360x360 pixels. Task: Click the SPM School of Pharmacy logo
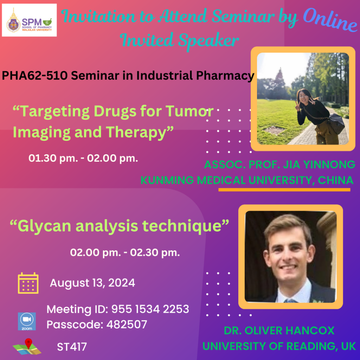(x=29, y=20)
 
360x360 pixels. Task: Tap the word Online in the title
(x=330, y=20)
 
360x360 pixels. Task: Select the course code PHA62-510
(x=35, y=75)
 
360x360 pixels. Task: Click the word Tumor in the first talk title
(x=189, y=111)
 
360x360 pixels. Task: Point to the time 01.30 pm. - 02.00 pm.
(x=83, y=158)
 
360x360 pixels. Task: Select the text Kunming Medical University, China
(x=247, y=180)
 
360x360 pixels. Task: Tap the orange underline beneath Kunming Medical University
(x=284, y=189)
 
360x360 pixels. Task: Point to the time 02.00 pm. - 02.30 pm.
(x=125, y=252)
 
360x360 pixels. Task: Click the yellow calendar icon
(x=28, y=283)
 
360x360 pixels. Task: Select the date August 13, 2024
(x=92, y=283)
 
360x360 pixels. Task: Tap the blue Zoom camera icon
(x=27, y=321)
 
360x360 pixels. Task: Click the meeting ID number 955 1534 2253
(x=150, y=309)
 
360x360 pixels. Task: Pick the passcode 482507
(x=127, y=324)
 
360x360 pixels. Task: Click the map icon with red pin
(x=27, y=346)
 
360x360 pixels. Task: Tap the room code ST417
(x=72, y=347)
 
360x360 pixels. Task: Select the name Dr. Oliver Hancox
(x=279, y=330)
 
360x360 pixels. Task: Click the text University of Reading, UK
(x=279, y=346)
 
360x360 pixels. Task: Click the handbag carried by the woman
(x=336, y=123)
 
